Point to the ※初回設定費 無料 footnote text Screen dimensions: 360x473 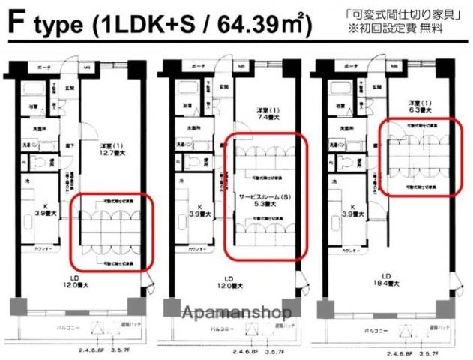pyautogui.click(x=406, y=28)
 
